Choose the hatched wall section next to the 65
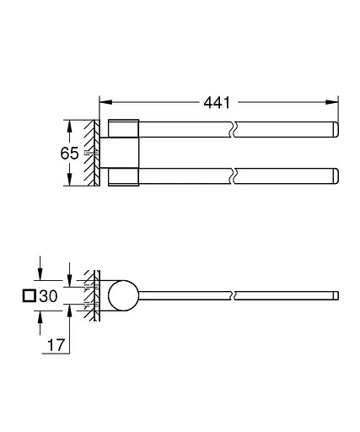pyautogui.click(x=89, y=154)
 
